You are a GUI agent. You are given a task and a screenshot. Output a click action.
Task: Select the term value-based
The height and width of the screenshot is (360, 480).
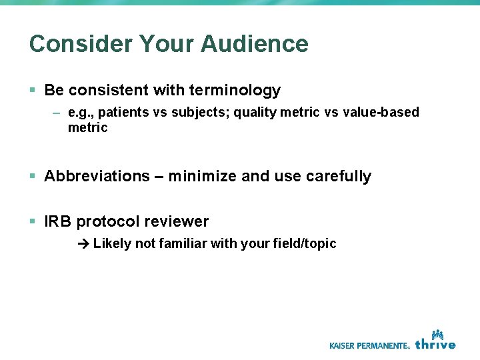point(381,112)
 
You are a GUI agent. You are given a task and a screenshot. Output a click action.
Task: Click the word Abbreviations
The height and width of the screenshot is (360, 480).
point(97,176)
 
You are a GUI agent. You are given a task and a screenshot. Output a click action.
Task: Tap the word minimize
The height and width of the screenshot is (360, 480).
point(202,176)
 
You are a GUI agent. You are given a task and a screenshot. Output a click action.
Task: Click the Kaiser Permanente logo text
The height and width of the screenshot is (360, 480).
point(369,345)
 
